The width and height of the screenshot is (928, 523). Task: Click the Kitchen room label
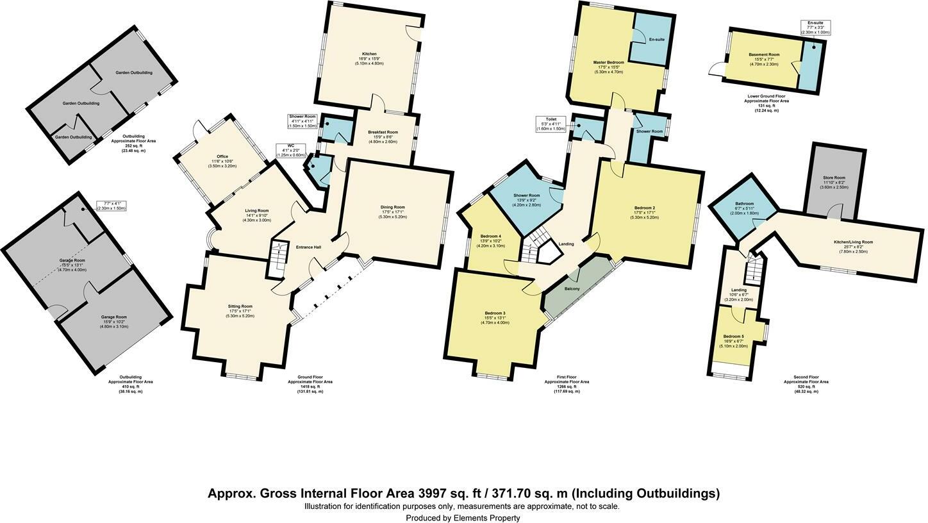(369, 54)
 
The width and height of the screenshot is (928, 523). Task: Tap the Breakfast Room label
(383, 132)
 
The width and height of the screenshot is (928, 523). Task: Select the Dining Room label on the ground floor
(393, 207)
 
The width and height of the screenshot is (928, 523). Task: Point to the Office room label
(222, 156)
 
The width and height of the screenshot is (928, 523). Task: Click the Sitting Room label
(240, 306)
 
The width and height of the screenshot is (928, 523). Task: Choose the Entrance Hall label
(308, 247)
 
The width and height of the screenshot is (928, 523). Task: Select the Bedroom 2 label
(645, 208)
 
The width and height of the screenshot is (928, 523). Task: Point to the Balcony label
(572, 289)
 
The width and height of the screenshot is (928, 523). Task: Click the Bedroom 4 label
(491, 237)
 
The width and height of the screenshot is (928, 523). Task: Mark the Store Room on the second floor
(834, 178)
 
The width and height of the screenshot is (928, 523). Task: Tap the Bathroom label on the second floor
(744, 204)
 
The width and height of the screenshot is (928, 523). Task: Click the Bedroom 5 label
(734, 336)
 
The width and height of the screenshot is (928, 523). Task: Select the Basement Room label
(764, 55)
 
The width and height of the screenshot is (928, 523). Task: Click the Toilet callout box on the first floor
(551, 124)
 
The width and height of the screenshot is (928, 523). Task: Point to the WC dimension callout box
(291, 150)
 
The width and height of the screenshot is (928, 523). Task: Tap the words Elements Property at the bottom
(486, 518)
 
